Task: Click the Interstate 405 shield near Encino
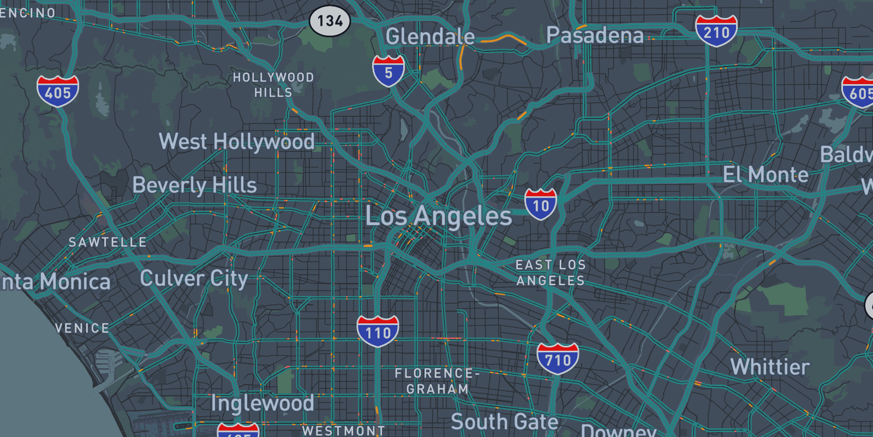click(58, 91)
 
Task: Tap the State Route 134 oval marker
click(330, 21)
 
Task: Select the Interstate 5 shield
click(388, 71)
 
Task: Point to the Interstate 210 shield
click(716, 31)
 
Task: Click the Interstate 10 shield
click(541, 204)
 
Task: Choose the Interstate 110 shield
click(378, 331)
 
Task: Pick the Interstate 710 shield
click(558, 359)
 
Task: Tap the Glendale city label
click(430, 37)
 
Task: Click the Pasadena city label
click(595, 36)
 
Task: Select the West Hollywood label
click(237, 141)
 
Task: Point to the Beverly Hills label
click(194, 185)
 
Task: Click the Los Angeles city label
click(439, 216)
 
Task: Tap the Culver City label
click(194, 279)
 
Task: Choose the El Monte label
click(766, 175)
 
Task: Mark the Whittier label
click(770, 367)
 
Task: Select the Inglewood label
click(262, 403)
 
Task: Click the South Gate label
click(504, 422)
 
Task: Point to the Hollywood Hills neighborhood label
click(273, 85)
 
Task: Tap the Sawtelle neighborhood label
click(107, 242)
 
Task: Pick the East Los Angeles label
click(551, 273)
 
